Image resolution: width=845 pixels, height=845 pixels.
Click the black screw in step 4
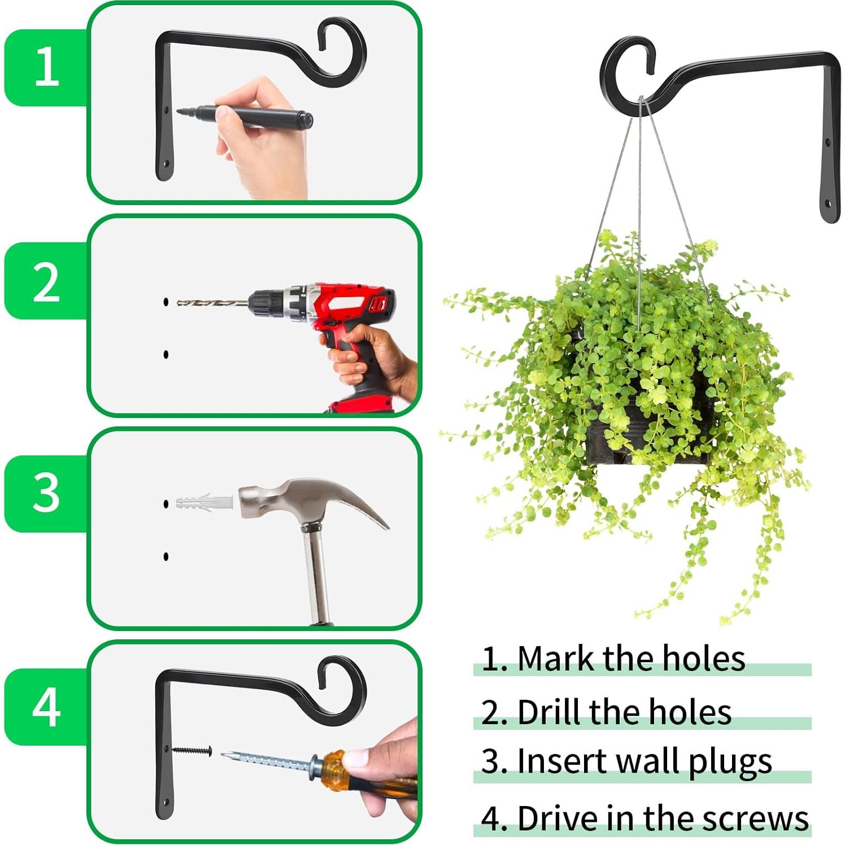(x=192, y=751)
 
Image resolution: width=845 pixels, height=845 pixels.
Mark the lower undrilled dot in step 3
(x=166, y=556)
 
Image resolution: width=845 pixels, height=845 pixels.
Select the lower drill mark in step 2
(x=166, y=355)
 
